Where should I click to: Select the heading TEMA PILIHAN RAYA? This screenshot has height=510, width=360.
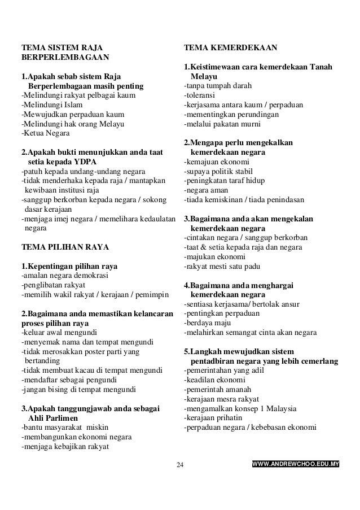pyautogui.click(x=65, y=247)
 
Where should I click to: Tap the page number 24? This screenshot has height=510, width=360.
pyautogui.click(x=180, y=465)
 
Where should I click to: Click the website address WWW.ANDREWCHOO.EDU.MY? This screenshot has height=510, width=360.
pyautogui.click(x=295, y=465)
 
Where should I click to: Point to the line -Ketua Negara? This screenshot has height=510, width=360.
pyautogui.click(x=46, y=133)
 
